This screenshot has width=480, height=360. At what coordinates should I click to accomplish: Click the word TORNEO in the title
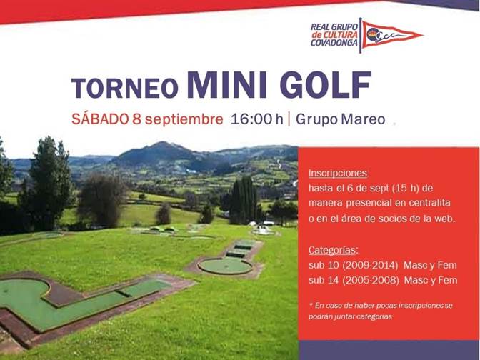[x=124, y=88]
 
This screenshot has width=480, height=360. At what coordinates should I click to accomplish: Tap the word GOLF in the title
[x=326, y=85]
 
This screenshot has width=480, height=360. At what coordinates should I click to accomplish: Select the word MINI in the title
[x=227, y=85]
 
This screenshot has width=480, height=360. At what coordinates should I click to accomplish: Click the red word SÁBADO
[x=100, y=119]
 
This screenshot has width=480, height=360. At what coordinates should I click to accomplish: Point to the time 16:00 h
[x=257, y=119]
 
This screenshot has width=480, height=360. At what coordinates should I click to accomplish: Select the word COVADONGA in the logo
[x=334, y=43]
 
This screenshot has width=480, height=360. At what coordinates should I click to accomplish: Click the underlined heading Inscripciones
[x=338, y=174]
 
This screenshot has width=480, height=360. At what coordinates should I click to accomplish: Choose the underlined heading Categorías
[x=333, y=250]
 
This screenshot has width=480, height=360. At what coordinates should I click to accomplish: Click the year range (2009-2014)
[x=370, y=265]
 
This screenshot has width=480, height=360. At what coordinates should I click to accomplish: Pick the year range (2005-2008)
[x=371, y=280]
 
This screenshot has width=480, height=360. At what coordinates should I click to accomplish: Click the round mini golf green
[x=225, y=266]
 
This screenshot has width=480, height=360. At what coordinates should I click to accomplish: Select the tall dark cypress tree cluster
[x=244, y=201]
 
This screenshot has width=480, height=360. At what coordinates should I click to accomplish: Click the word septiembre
[x=184, y=120]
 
